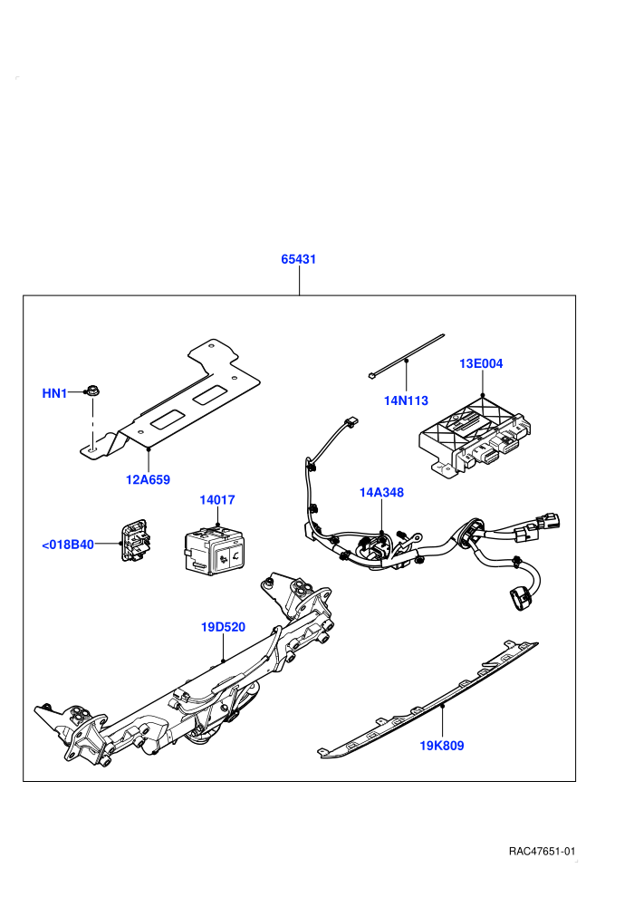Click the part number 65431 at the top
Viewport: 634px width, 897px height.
point(298,259)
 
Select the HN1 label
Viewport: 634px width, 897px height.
point(54,393)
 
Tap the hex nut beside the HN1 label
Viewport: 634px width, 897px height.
point(91,391)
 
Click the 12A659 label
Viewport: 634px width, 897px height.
point(148,480)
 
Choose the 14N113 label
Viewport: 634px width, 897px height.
point(406,401)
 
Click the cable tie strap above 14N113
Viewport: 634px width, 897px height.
point(407,356)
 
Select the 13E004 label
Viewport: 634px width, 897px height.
point(481,364)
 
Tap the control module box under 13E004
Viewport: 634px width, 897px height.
point(475,436)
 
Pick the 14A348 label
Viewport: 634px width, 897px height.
point(381,493)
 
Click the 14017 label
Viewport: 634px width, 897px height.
point(217,500)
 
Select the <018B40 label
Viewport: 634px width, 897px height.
point(68,545)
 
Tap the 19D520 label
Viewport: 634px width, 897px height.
point(223,628)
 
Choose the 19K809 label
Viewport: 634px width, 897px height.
point(442,746)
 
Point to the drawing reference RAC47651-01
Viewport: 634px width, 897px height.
point(542,852)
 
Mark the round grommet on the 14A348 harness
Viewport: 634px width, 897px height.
point(469,534)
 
